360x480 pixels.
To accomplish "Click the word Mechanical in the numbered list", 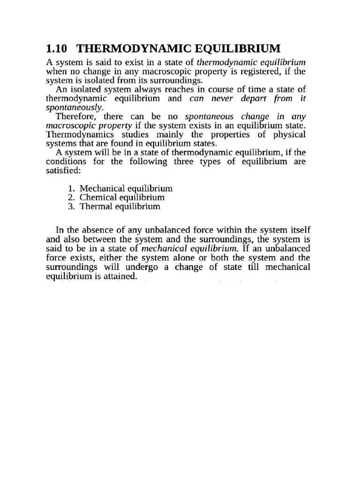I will (101, 188).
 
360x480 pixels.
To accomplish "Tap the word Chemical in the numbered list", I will (96, 197).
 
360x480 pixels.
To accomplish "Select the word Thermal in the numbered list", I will (94, 206).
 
